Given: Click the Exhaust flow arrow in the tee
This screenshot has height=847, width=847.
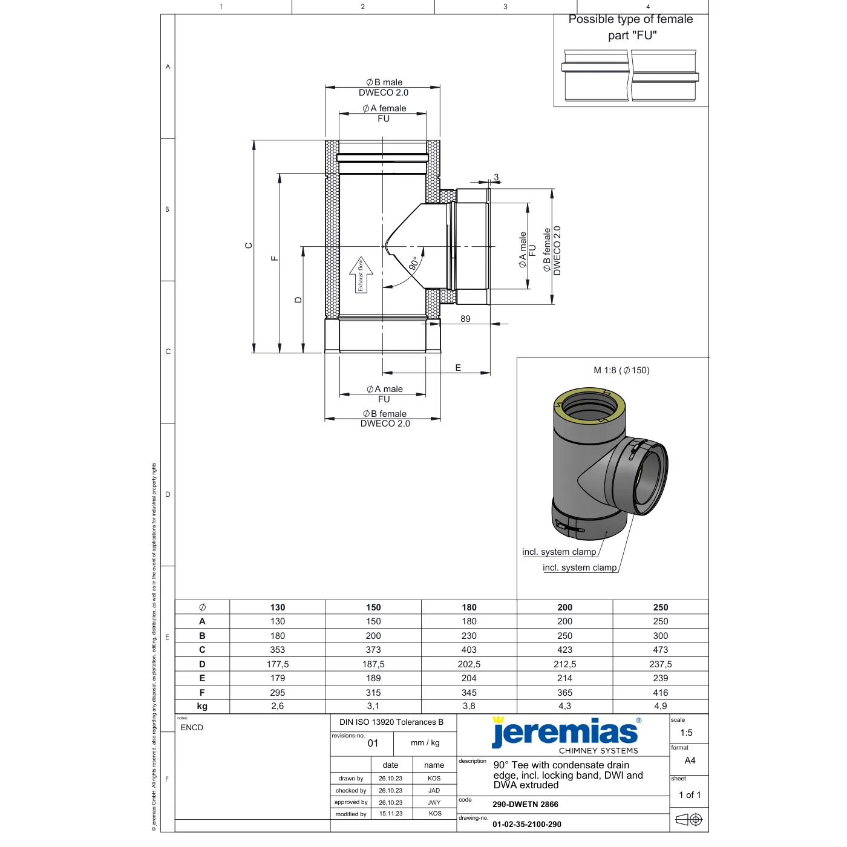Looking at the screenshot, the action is point(361,275).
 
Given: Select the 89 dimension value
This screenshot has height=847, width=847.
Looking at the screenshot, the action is point(465,319).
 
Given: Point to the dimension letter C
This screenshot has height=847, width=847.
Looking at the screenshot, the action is point(248,245).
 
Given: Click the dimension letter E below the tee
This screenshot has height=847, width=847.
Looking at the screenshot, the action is point(458,367).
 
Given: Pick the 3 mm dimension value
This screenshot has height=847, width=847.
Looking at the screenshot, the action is point(496,177).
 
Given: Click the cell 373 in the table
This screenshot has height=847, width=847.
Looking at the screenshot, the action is point(373,650).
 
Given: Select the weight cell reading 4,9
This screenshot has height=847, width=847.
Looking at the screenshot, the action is point(660,706).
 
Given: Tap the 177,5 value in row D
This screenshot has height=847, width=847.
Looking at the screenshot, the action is point(277,664).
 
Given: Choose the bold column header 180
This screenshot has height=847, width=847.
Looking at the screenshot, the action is point(469,607).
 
